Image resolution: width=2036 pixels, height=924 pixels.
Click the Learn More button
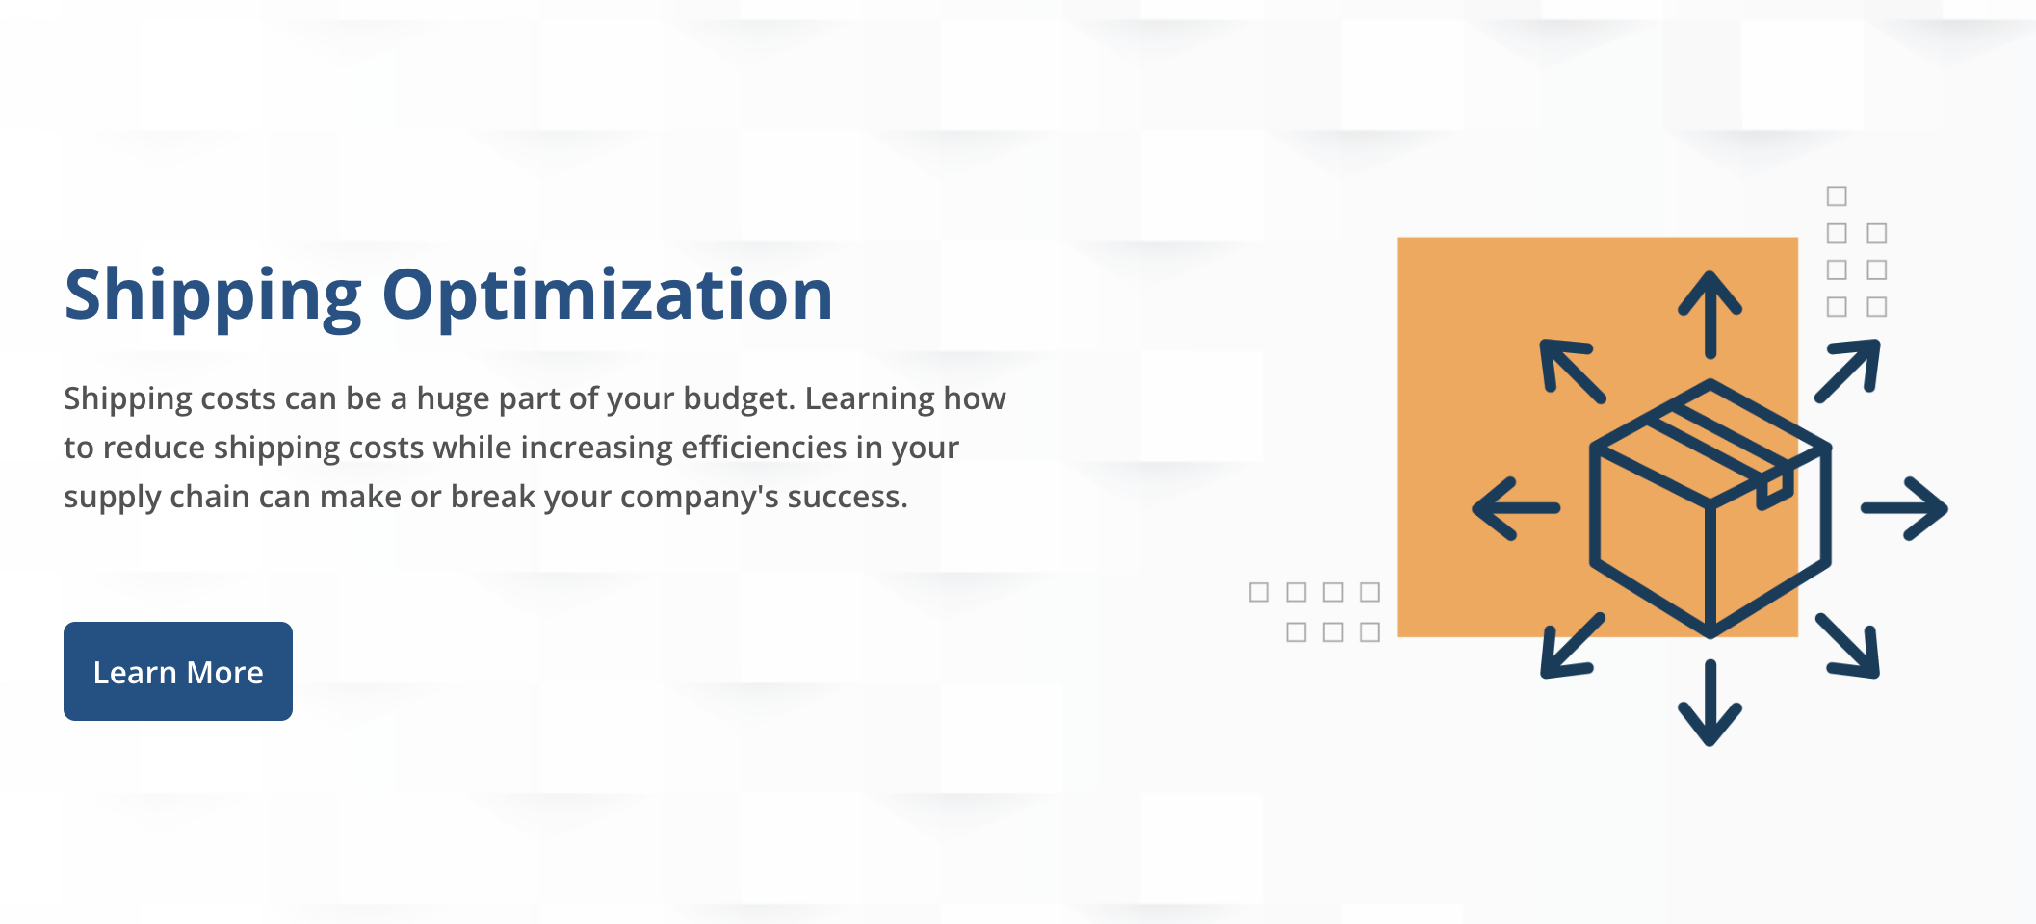pos(178,671)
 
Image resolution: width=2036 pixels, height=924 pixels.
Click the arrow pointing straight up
pos(1710,313)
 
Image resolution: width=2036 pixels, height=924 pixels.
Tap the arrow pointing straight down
pos(1710,703)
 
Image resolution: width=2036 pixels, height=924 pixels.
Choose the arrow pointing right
pos(1904,508)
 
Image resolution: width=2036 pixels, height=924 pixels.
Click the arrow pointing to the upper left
pos(1572,370)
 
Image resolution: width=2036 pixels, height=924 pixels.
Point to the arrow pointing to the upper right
pos(1848,370)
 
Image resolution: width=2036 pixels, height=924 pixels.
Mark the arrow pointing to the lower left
pos(1572,646)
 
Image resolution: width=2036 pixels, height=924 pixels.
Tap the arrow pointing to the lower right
pos(1848,646)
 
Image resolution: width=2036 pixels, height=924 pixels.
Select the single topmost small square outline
pos(1837,196)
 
